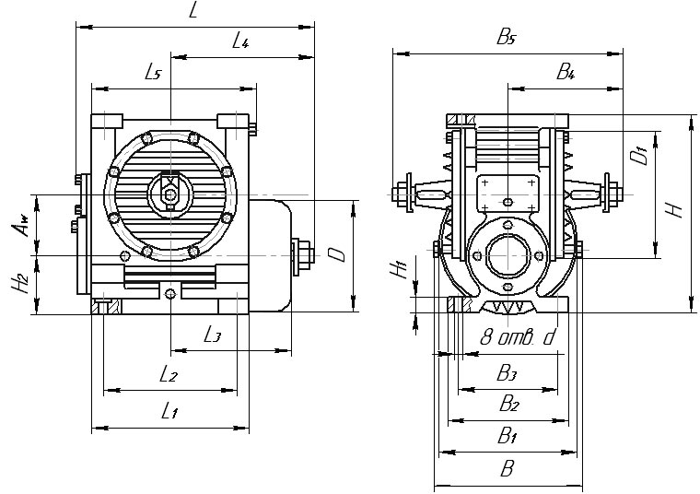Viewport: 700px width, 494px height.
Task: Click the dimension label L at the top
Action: pos(192,11)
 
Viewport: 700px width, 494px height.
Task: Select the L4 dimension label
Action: pos(242,41)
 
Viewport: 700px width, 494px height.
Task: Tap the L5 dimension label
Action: pos(154,73)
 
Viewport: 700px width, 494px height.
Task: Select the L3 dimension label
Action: pos(212,334)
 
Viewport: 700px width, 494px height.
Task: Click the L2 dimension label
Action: pos(168,374)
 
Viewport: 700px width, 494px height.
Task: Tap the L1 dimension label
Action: pos(169,412)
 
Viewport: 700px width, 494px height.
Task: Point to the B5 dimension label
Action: pos(507,37)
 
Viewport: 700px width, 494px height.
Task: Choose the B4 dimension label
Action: pos(566,71)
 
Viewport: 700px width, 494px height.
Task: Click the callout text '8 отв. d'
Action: pos(519,337)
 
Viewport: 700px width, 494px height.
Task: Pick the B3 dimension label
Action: pos(507,372)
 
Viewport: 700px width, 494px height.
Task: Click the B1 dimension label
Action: pos(507,436)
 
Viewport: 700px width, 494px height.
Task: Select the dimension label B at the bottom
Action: pos(507,469)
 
